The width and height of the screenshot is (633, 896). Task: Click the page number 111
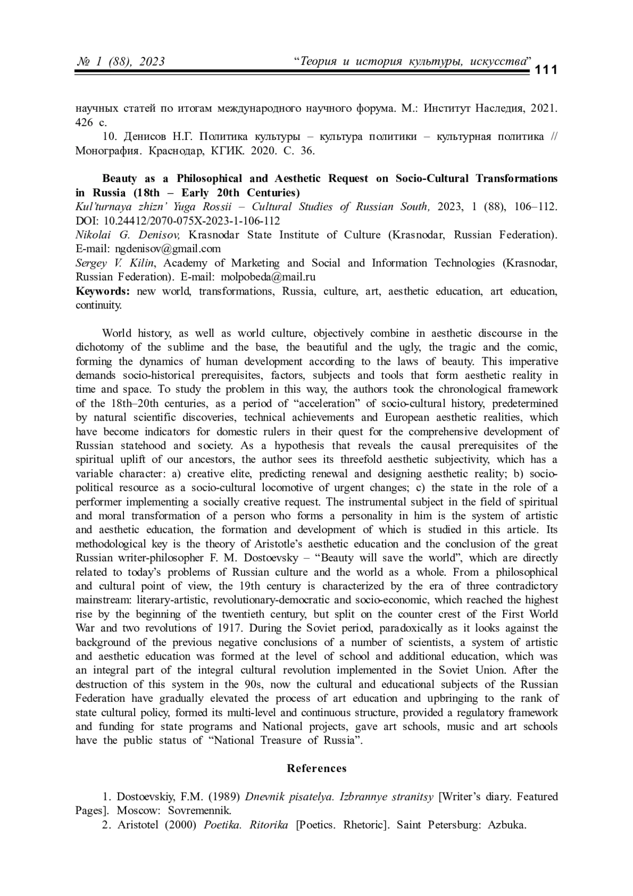coord(546,70)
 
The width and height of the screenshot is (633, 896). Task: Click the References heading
coord(316,768)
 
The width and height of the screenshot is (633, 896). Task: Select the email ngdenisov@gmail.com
coord(168,249)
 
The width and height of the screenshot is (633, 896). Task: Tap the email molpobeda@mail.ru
coord(268,277)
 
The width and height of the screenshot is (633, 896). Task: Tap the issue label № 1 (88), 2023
coord(120,62)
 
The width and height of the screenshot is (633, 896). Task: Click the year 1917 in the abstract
coord(229,628)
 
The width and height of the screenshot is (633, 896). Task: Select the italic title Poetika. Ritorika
coord(246,825)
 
